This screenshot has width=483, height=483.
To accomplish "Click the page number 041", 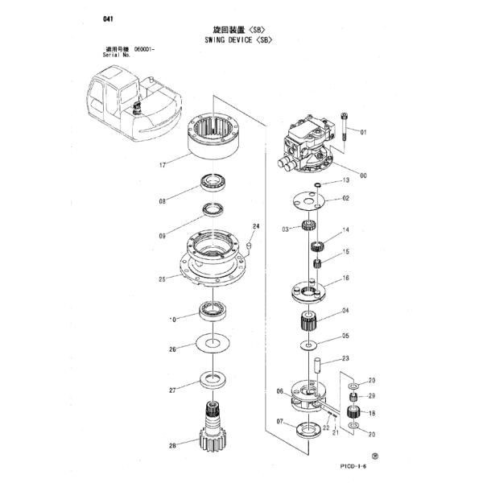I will [x=109, y=18].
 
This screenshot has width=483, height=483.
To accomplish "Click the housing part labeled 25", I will [x=213, y=262].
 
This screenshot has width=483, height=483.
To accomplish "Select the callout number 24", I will [x=257, y=226].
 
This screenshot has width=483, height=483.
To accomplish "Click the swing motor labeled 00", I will [x=309, y=145].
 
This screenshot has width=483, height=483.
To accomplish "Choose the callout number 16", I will [x=345, y=278].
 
